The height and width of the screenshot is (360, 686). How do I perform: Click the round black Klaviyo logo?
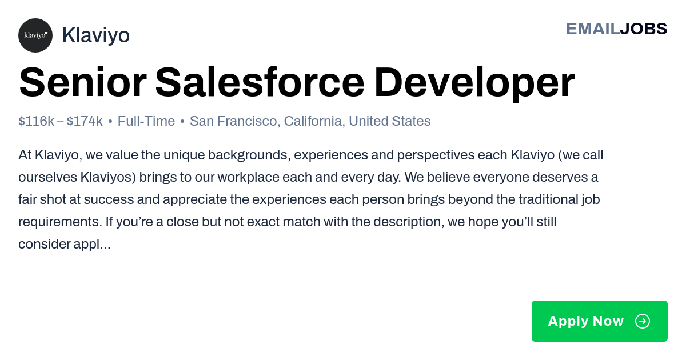click(x=35, y=35)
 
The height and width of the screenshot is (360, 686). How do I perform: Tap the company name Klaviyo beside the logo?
click(x=96, y=35)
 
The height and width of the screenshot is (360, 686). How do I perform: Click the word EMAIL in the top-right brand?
click(x=593, y=29)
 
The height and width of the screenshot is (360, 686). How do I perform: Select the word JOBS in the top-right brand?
click(x=644, y=29)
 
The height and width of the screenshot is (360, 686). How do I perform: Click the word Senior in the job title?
click(x=83, y=82)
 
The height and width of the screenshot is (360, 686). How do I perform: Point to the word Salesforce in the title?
click(x=260, y=82)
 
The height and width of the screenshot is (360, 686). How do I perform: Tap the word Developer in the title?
click(x=474, y=83)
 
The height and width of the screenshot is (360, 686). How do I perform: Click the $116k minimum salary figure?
click(x=36, y=121)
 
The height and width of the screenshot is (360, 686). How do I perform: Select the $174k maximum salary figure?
click(x=85, y=121)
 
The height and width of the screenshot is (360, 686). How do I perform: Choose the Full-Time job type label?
click(x=146, y=121)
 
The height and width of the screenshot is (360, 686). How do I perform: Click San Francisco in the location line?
click(x=233, y=121)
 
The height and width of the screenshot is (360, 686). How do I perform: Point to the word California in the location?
click(x=313, y=121)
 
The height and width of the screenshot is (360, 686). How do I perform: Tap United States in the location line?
click(x=389, y=121)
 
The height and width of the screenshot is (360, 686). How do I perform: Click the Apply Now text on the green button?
click(x=585, y=321)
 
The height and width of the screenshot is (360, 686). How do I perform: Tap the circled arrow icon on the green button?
click(x=643, y=321)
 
